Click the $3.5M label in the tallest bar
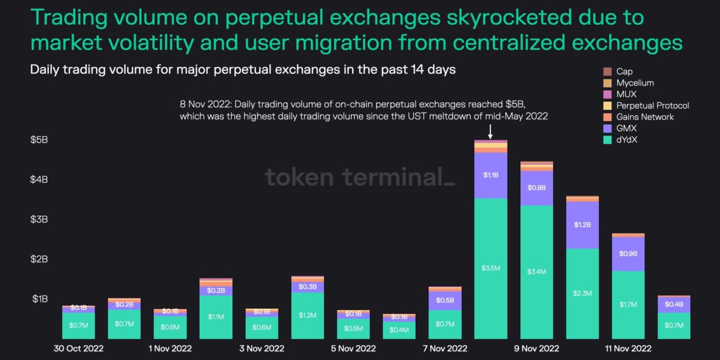(490, 268)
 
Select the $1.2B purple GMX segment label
(583, 224)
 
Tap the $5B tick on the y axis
(39, 139)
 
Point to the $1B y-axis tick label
(39, 299)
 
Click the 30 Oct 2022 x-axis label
(78, 348)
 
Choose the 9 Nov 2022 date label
(536, 348)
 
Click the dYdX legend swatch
(607, 139)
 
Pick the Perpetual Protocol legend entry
(652, 105)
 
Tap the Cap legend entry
(624, 71)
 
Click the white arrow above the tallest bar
(490, 132)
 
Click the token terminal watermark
(360, 177)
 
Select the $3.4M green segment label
(537, 272)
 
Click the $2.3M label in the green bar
(583, 293)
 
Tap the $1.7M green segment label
(628, 304)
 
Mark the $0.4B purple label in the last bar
(674, 304)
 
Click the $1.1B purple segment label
(490, 175)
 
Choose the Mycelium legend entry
(634, 83)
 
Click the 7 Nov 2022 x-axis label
(444, 348)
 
